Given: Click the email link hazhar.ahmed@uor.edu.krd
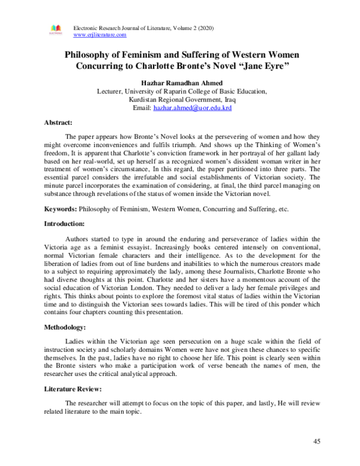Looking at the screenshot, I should (x=193, y=108).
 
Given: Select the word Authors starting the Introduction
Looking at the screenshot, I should (x=80, y=239).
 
